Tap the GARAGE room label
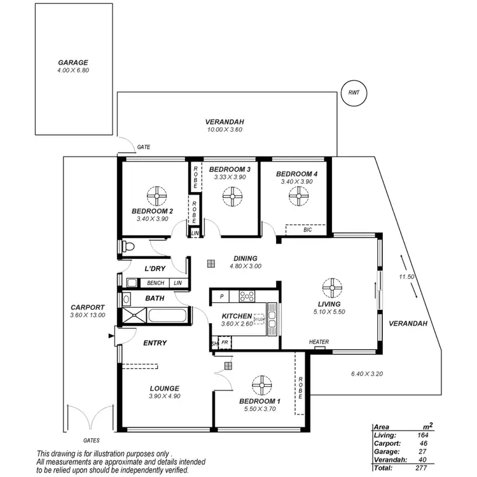pos(73,63)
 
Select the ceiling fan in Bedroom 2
pos(156,194)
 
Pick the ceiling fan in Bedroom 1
pos(259,385)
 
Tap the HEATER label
pos(319,342)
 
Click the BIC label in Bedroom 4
pos(308,230)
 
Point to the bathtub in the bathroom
pos(167,316)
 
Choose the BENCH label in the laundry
pos(156,282)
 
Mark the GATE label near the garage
pos(144,147)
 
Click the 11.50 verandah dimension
pos(407,277)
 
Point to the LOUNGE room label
pos(164,388)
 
